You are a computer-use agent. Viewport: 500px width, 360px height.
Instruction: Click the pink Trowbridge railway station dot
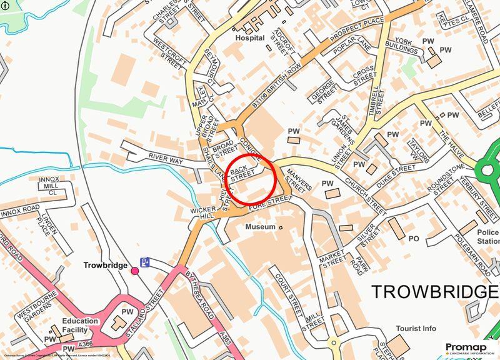(134, 270)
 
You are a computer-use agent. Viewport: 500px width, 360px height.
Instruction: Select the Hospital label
(245, 37)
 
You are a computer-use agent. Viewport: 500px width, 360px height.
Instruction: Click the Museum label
(260, 226)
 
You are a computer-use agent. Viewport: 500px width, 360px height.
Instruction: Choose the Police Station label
(487, 237)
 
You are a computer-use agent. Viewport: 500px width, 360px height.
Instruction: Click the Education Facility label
(80, 325)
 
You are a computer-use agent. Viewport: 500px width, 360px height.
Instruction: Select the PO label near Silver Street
(413, 238)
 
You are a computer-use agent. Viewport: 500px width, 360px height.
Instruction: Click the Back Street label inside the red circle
(242, 173)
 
